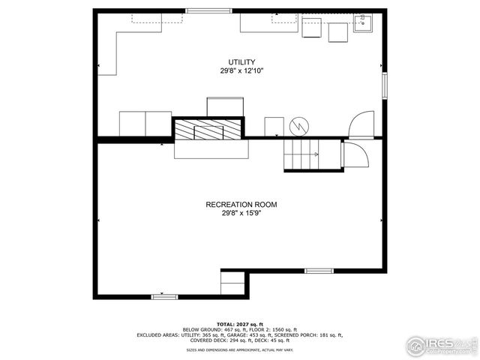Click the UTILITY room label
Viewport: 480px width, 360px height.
pos(241,62)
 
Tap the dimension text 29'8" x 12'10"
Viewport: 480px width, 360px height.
pos(241,70)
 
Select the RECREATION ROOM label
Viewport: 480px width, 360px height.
pos(241,204)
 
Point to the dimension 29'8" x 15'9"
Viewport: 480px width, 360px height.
pos(241,212)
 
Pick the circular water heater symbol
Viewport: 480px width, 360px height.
pos(299,125)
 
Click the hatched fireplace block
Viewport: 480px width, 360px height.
pos(209,130)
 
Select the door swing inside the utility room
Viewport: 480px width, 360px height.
pos(361,124)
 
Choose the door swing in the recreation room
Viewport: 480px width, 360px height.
pos(354,154)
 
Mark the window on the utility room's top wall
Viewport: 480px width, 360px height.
pos(208,10)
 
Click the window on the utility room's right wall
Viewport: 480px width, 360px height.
pos(384,84)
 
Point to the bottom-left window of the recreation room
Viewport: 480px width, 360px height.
pos(164,297)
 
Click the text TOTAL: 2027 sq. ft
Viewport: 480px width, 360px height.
pos(241,323)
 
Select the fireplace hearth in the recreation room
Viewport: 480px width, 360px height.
pos(211,149)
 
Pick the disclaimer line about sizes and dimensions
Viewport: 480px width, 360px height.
pos(241,349)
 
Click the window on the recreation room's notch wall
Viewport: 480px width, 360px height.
pos(318,270)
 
